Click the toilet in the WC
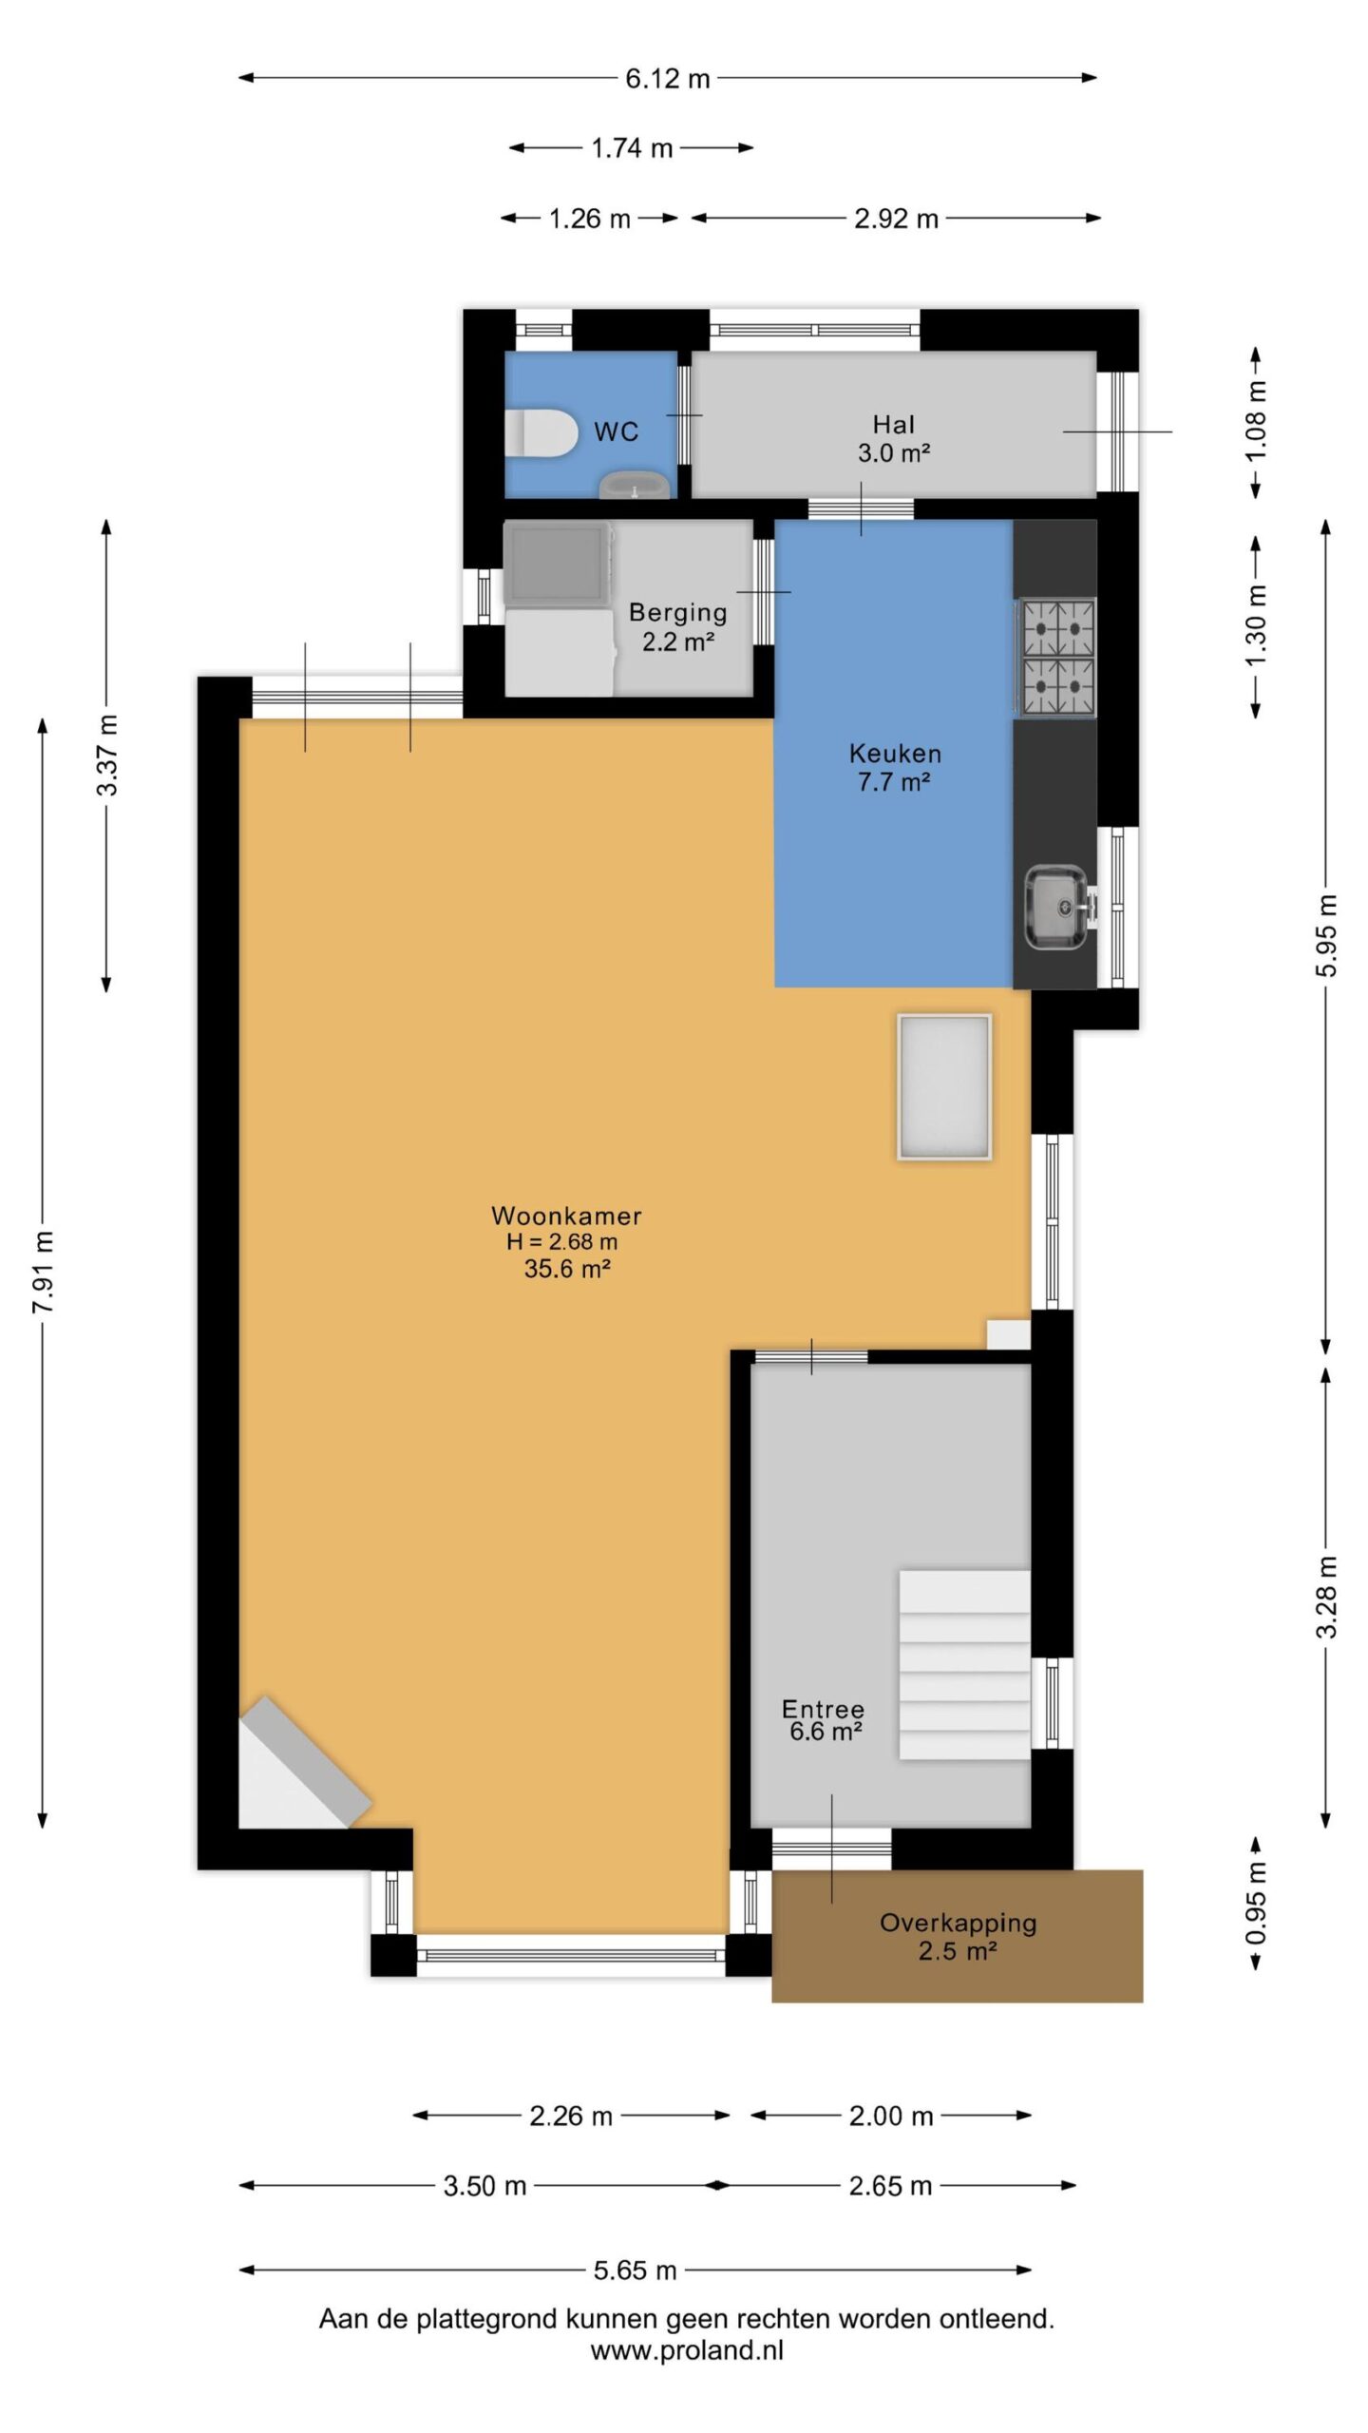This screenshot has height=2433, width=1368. click(540, 433)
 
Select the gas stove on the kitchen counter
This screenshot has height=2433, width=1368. click(1056, 657)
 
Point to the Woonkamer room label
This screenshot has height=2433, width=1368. click(566, 1216)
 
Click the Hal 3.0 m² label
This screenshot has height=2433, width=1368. click(894, 439)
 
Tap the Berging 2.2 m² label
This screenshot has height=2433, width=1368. click(677, 627)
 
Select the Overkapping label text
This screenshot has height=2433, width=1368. click(958, 1923)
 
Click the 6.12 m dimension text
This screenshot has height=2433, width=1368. click(667, 79)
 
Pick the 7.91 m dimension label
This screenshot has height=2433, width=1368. click(43, 1272)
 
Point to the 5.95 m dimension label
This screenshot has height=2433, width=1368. click(1327, 935)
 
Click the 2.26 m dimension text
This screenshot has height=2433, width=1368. click(571, 2117)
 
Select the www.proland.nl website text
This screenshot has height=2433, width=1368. click(687, 2350)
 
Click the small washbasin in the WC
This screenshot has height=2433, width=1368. click(635, 485)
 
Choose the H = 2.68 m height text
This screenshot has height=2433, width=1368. click(561, 1241)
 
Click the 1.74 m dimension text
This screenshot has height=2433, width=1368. click(632, 148)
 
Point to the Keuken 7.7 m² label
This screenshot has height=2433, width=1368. click(895, 768)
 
